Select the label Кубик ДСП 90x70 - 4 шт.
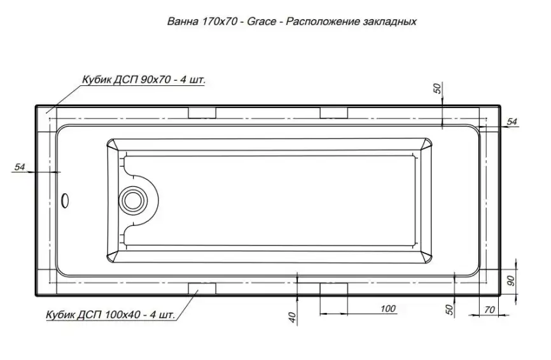click(x=144, y=80)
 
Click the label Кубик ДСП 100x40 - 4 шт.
click(x=109, y=315)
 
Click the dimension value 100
click(x=387, y=309)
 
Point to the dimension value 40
click(x=292, y=317)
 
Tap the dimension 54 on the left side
click(x=19, y=167)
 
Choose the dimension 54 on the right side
click(x=512, y=121)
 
